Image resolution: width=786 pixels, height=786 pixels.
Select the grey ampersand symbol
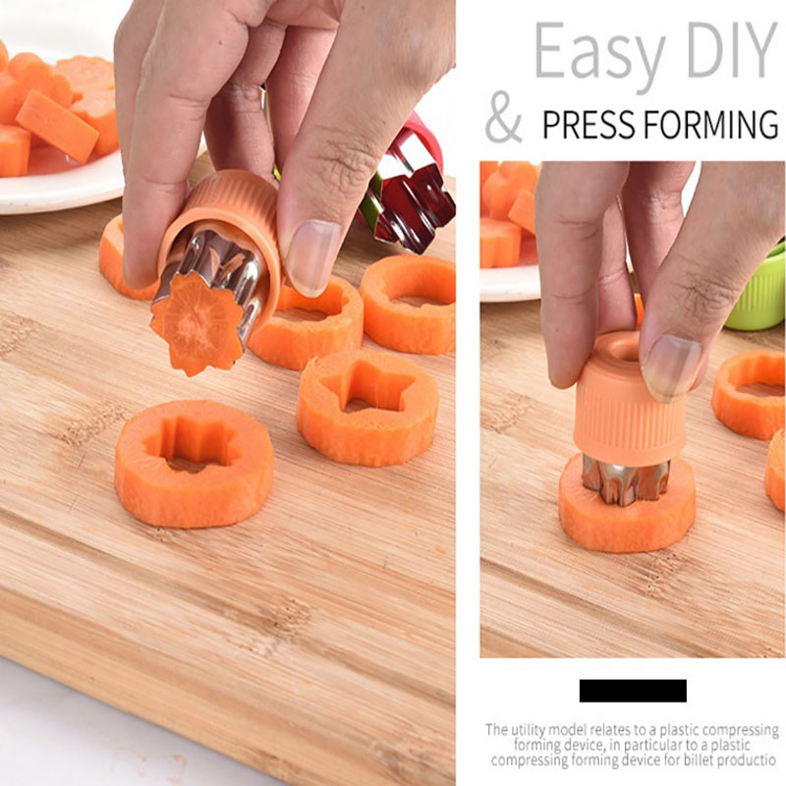(x=503, y=117)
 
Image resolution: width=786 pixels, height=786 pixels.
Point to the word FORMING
(x=710, y=125)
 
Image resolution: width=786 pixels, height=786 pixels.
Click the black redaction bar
(x=633, y=691)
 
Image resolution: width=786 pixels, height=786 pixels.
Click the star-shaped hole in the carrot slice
(x=369, y=385)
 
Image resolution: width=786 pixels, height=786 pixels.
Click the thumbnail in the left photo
(x=311, y=255)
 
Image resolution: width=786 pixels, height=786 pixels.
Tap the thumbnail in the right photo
(x=672, y=365)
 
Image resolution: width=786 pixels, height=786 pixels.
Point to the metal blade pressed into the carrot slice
(x=625, y=480)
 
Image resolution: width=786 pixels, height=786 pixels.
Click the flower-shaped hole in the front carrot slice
(x=191, y=445)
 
